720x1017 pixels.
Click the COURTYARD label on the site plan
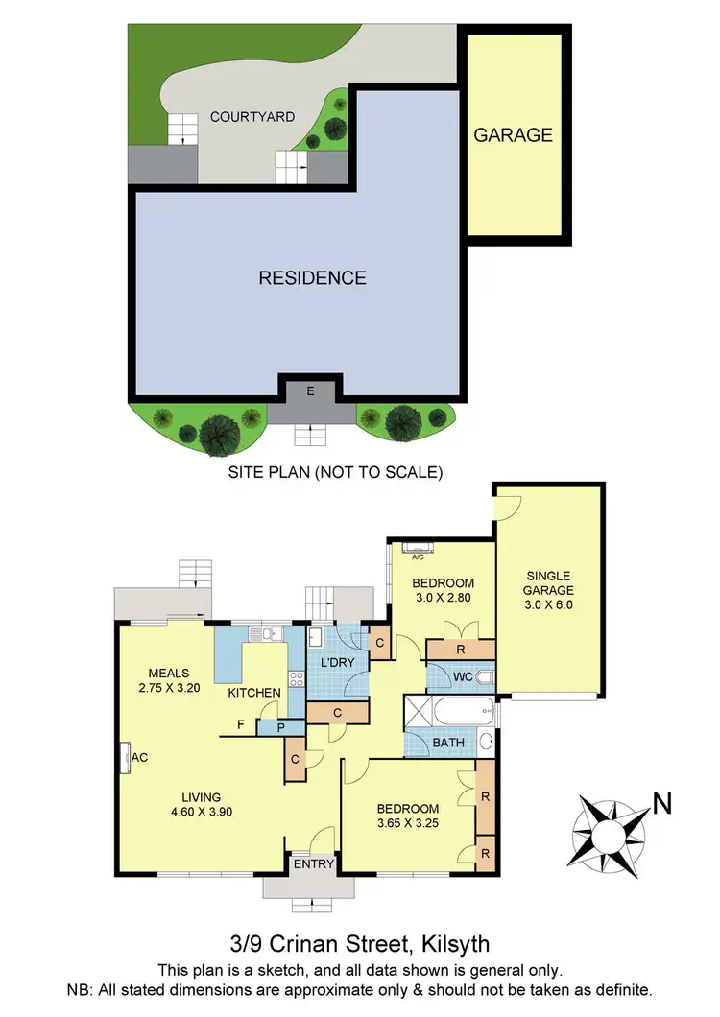tap(252, 117)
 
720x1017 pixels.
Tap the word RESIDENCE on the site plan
tap(312, 278)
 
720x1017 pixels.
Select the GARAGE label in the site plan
tap(514, 135)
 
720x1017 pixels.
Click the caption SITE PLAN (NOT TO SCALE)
tap(334, 472)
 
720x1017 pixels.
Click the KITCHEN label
tap(253, 693)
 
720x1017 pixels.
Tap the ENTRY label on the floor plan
tap(313, 864)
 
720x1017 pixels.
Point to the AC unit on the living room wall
tap(126, 757)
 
